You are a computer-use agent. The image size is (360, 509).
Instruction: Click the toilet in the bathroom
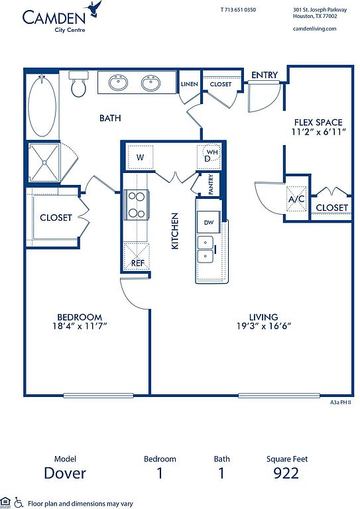(x=78, y=84)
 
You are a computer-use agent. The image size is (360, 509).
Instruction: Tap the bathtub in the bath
(x=42, y=105)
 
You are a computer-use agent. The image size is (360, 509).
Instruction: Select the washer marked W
(x=140, y=157)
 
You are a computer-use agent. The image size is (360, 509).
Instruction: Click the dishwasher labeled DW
(x=208, y=222)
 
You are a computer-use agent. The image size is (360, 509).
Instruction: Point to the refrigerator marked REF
(x=137, y=256)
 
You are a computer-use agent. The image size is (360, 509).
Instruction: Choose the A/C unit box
(x=296, y=199)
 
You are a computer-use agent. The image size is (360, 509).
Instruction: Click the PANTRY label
(x=211, y=184)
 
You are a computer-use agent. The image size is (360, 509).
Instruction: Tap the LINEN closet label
(x=189, y=84)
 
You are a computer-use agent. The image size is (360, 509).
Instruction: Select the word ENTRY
(x=265, y=75)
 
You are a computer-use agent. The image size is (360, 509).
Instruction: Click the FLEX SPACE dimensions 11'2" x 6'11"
(x=318, y=132)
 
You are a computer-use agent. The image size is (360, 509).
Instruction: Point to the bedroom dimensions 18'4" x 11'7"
(x=80, y=325)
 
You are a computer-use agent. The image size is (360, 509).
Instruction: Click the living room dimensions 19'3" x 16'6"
(x=264, y=325)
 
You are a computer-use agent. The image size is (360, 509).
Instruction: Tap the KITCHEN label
(x=175, y=231)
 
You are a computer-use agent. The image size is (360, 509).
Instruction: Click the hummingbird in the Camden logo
(x=94, y=9)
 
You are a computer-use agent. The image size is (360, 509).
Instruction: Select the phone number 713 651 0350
(x=241, y=10)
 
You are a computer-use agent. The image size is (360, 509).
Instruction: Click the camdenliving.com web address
(x=314, y=28)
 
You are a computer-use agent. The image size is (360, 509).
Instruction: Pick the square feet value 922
(x=286, y=473)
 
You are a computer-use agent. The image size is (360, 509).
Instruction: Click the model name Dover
(x=65, y=473)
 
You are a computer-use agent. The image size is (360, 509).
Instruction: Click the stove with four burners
(x=137, y=205)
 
